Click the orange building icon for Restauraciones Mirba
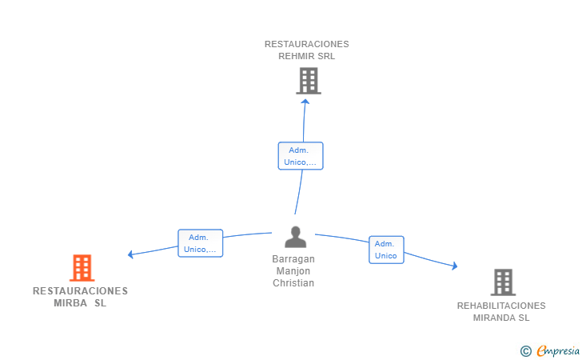[x=82, y=268]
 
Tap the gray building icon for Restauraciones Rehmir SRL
[x=309, y=81]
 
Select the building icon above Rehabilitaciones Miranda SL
[x=502, y=282]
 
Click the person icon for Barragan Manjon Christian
[x=295, y=238]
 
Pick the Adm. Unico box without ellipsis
[x=386, y=250]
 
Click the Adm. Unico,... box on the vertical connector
[x=301, y=156]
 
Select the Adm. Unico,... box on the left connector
[x=200, y=243]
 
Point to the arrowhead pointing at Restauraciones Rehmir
[x=305, y=102]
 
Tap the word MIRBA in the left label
[x=70, y=303]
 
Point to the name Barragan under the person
[x=293, y=259]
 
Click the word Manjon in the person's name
[x=293, y=271]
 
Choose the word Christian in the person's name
[x=293, y=283]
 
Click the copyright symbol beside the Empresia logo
[x=525, y=350]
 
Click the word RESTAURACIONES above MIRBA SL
[x=80, y=291]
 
